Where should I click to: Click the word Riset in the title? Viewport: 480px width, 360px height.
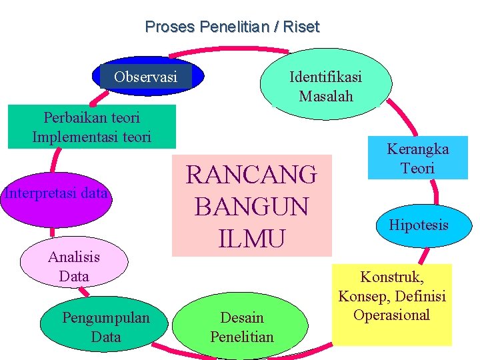pos(301,27)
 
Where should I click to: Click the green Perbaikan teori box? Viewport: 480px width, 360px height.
pos(92,126)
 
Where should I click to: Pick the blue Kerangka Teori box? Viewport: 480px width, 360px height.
pos(418,157)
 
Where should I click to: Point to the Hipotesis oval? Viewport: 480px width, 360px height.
pos(419,225)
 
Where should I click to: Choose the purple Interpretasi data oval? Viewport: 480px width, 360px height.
pos(56,195)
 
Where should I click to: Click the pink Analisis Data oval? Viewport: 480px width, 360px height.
pos(73,265)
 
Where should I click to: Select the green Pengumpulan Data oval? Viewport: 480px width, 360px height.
pos(106,327)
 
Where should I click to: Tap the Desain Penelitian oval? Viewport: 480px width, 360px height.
pos(241,327)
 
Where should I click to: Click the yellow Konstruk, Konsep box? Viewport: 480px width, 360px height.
pos(392,304)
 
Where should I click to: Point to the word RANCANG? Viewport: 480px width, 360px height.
pos(251,175)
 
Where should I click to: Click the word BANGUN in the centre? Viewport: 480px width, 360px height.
pos(251,206)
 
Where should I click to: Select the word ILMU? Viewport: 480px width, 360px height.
pos(251,237)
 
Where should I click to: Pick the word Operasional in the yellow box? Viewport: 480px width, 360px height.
pos(392,315)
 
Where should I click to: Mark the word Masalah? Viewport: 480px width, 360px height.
pos(325,96)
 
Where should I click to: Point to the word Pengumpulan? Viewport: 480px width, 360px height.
pos(106,318)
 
